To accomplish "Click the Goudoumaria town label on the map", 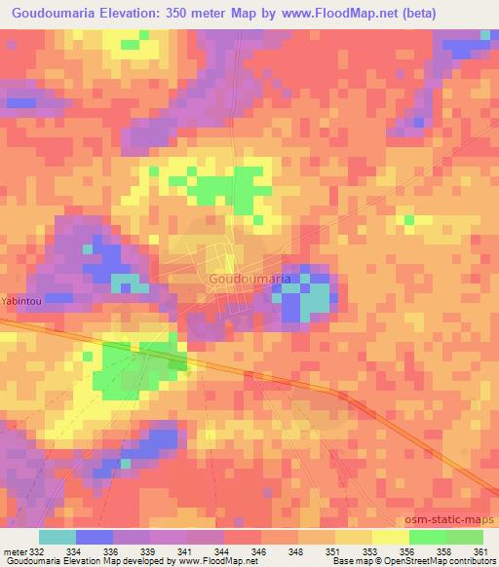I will click(x=248, y=279).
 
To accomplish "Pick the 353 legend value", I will click(x=371, y=551).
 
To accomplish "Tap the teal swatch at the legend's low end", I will click(x=57, y=537).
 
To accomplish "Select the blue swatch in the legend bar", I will click(x=94, y=537).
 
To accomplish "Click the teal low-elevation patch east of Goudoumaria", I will click(x=315, y=300).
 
